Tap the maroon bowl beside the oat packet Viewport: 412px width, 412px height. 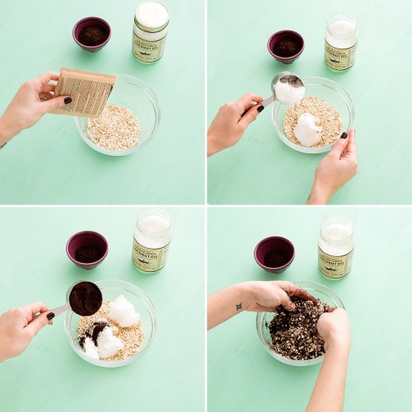click(x=91, y=33)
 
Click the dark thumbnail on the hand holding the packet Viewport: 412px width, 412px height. click(x=68, y=101)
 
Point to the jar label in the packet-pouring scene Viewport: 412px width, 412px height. click(x=149, y=46)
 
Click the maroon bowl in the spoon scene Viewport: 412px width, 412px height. click(x=286, y=45)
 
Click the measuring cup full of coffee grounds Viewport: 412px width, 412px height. click(x=85, y=298)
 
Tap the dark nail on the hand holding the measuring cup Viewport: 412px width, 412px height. click(x=50, y=316)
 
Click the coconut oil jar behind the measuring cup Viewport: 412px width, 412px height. click(x=152, y=240)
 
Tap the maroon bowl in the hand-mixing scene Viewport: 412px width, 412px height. click(x=274, y=254)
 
